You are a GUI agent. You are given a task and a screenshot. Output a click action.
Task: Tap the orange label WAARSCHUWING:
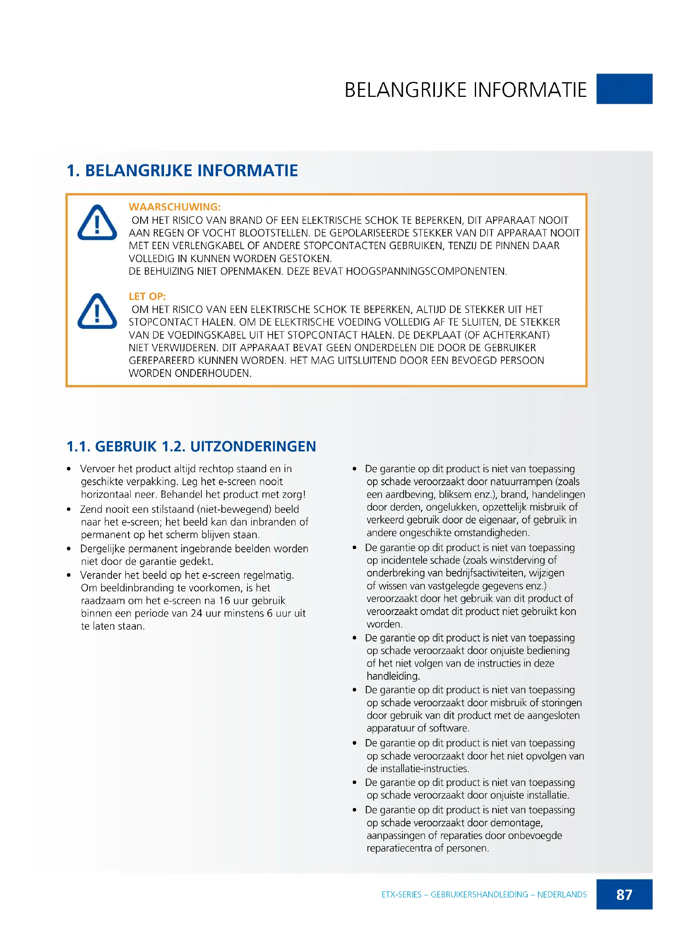tap(175, 207)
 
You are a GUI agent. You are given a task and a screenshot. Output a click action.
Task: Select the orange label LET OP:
tap(147, 296)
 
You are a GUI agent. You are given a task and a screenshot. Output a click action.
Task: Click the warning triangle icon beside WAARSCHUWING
tap(97, 223)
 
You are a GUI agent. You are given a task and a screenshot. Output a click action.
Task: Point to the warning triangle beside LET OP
tap(97, 311)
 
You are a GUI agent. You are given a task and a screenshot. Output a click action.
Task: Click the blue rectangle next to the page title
tap(625, 89)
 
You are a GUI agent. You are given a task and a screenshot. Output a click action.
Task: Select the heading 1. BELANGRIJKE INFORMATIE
tap(182, 171)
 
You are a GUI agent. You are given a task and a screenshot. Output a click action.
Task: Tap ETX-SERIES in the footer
tap(401, 895)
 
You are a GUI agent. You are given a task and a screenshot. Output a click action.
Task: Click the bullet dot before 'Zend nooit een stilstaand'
tap(69, 509)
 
